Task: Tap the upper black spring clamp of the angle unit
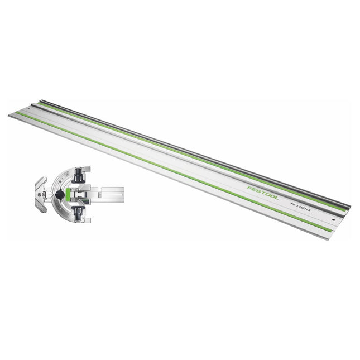tap(78, 174)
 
